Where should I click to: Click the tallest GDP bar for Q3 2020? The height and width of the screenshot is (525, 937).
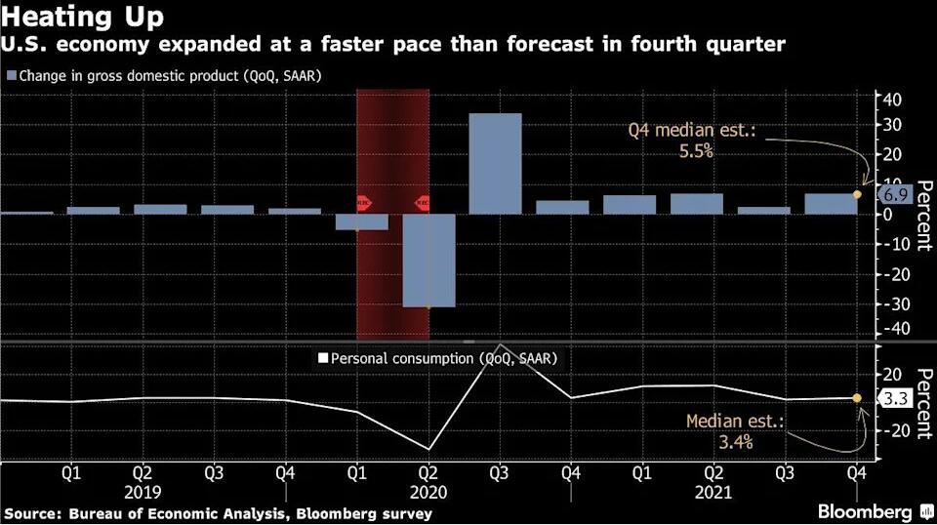coord(495,163)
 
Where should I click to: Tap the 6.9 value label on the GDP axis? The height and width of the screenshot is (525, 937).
coord(895,194)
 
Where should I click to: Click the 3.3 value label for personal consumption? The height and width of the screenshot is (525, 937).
coord(895,398)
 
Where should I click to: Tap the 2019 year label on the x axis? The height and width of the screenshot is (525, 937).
coord(143,492)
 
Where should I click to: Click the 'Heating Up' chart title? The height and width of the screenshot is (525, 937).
coord(83,18)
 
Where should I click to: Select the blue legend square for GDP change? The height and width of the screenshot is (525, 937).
coord(11,75)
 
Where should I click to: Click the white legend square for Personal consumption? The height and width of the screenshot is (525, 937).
coord(322,359)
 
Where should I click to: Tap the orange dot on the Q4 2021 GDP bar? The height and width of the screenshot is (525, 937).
coord(857,194)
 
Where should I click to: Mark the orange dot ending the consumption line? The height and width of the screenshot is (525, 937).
coord(857,398)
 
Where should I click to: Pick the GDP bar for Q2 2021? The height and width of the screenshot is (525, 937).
coord(696,203)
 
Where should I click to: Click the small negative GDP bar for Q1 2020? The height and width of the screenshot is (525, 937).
coord(362,222)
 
